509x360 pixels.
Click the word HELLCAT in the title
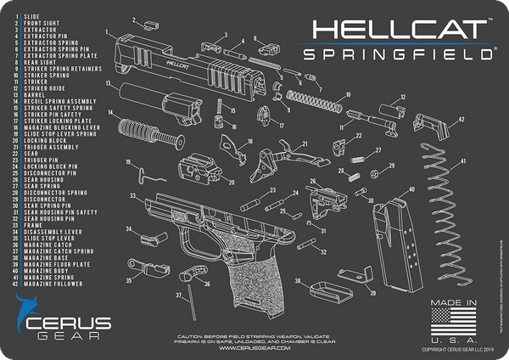pos(398,32)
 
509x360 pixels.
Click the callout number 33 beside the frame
pos(133,196)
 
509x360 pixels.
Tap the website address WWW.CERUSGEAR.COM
pos(255,348)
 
